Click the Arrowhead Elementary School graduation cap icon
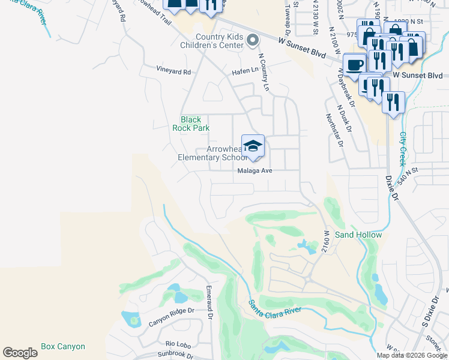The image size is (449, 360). click(x=253, y=146)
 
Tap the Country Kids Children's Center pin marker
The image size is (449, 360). click(x=253, y=40)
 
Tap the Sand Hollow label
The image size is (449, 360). click(x=358, y=235)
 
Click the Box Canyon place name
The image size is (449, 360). click(x=63, y=346)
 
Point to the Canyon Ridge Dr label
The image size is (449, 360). click(x=172, y=317)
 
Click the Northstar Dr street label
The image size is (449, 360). click(x=334, y=130)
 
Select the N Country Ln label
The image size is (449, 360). click(x=263, y=72)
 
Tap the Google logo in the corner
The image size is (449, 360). click(x=20, y=353)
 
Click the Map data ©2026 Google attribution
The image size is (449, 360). click(x=412, y=355)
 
